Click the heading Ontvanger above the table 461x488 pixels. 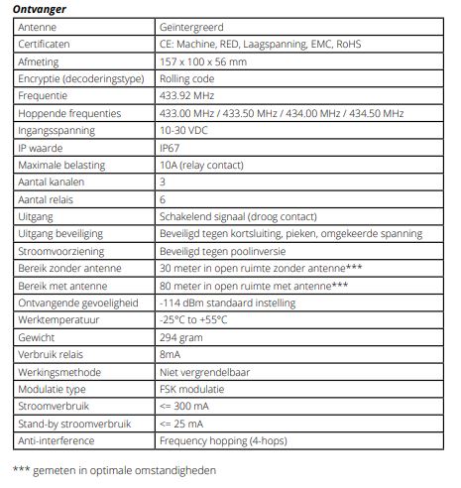click(39, 10)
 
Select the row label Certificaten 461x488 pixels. click(45, 45)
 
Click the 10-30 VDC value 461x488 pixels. click(184, 130)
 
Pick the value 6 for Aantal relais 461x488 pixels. click(163, 199)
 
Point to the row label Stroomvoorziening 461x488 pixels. click(59, 251)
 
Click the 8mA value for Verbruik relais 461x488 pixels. click(170, 354)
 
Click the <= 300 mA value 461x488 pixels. click(186, 407)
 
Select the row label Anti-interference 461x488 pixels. click(58, 440)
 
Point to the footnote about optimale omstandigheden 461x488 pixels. click(114, 470)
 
